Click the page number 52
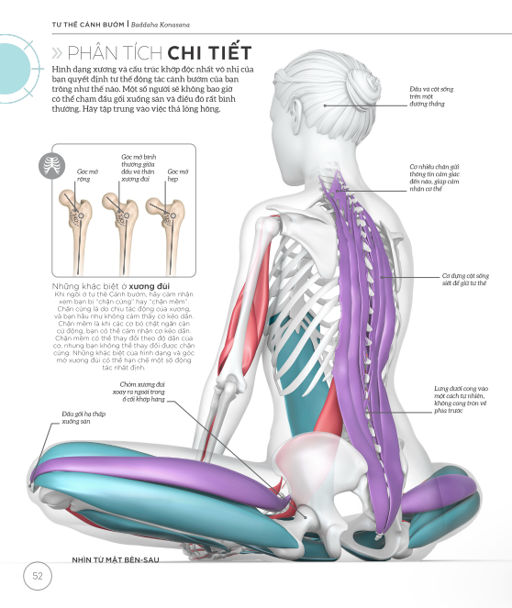point(38,576)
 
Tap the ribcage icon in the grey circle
point(52,166)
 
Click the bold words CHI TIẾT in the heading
point(209,52)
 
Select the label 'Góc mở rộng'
point(87,175)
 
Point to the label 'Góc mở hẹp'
point(178,175)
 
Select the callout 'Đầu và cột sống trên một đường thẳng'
point(431,96)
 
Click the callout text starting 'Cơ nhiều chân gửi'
point(434,178)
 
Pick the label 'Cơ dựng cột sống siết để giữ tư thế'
point(465,279)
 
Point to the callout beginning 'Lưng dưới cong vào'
point(461,400)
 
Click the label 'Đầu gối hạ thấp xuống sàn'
point(83,417)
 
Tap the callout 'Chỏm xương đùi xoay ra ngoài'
point(139,392)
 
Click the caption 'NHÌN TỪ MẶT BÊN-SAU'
point(116,560)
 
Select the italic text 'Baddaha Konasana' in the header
point(161,25)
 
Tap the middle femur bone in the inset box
point(120,233)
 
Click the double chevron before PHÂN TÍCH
point(57,53)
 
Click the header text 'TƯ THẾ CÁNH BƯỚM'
point(88,25)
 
